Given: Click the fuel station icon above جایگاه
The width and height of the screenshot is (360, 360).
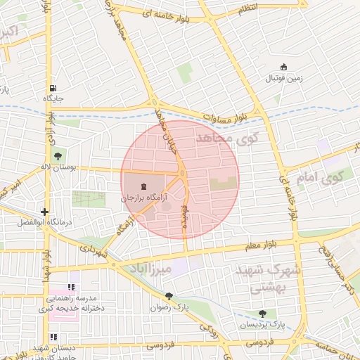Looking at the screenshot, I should click(x=53, y=89).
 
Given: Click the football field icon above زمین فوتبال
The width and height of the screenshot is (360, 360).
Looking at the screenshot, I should click(x=284, y=67).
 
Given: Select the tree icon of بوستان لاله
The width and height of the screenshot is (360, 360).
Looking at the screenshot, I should click(x=56, y=156).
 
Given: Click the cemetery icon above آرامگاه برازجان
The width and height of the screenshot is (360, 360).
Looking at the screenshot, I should click(x=143, y=187).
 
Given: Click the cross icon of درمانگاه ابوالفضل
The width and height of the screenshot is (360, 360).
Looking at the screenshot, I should click(x=44, y=211).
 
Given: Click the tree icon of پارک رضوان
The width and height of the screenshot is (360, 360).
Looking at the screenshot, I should click(x=169, y=297).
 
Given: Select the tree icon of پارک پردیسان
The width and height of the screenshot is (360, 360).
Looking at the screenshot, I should click(x=263, y=314).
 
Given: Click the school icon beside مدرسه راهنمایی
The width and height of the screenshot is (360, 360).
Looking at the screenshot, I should click(x=71, y=288).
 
